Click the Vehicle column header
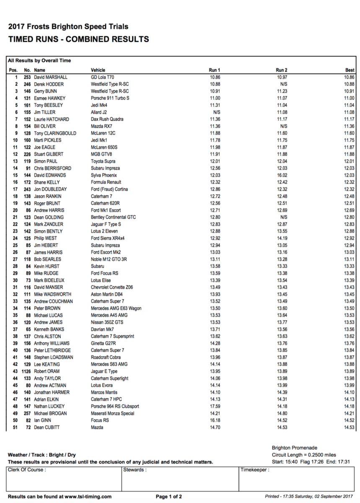98,70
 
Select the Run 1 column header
215,70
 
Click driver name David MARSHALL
51,77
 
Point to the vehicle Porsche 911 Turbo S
110,98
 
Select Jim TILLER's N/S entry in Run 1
217,112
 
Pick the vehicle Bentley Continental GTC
113,217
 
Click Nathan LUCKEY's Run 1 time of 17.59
215,406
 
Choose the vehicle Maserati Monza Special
112,413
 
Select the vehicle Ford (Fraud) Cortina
109,189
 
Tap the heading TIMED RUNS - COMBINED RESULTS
78,40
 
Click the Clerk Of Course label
26,470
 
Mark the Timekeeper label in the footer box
254,470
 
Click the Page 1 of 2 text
168,497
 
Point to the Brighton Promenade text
294,448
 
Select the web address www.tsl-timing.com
88,497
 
